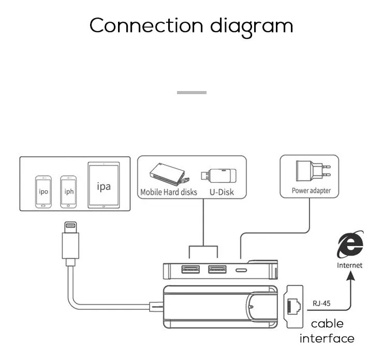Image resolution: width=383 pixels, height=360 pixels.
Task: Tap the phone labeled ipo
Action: (43, 192)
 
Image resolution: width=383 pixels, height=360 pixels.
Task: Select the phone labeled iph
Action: (68, 192)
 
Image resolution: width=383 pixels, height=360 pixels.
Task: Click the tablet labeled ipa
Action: (104, 186)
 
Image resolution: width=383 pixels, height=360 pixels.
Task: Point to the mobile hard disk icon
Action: (168, 175)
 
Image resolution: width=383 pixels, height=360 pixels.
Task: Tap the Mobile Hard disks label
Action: (169, 192)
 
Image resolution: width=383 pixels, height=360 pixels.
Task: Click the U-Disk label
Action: (222, 192)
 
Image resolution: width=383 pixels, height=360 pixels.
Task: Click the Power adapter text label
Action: (311, 191)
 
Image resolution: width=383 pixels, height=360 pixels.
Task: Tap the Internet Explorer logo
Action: (350, 245)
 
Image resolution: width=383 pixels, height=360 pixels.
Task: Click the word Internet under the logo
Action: (350, 265)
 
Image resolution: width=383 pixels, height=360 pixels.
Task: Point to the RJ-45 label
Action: (321, 304)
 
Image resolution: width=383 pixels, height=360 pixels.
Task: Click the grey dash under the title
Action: (192, 93)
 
